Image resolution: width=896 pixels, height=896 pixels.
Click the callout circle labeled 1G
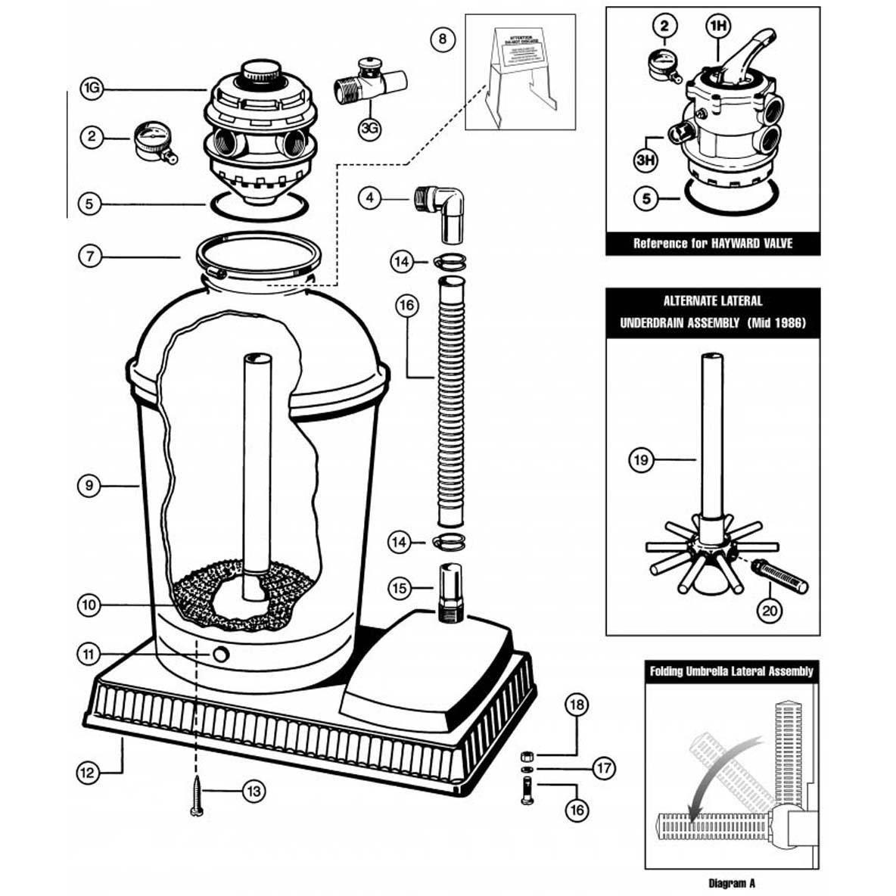point(92,89)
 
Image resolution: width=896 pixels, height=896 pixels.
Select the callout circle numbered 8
point(443,38)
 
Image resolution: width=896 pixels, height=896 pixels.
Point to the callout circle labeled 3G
point(369,127)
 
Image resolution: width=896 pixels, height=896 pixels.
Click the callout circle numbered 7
point(90,256)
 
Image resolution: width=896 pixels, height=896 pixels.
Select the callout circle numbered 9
point(89,485)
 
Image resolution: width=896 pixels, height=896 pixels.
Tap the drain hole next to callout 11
point(221,654)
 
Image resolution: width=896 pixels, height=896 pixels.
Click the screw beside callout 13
point(197,796)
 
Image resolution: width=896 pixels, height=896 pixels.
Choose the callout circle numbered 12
point(89,773)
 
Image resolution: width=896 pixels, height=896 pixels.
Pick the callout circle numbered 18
point(577,705)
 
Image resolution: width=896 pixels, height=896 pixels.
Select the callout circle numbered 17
point(603,769)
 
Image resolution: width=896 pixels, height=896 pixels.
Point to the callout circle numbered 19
point(642,459)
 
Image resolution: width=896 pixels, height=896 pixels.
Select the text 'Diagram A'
point(731,883)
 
